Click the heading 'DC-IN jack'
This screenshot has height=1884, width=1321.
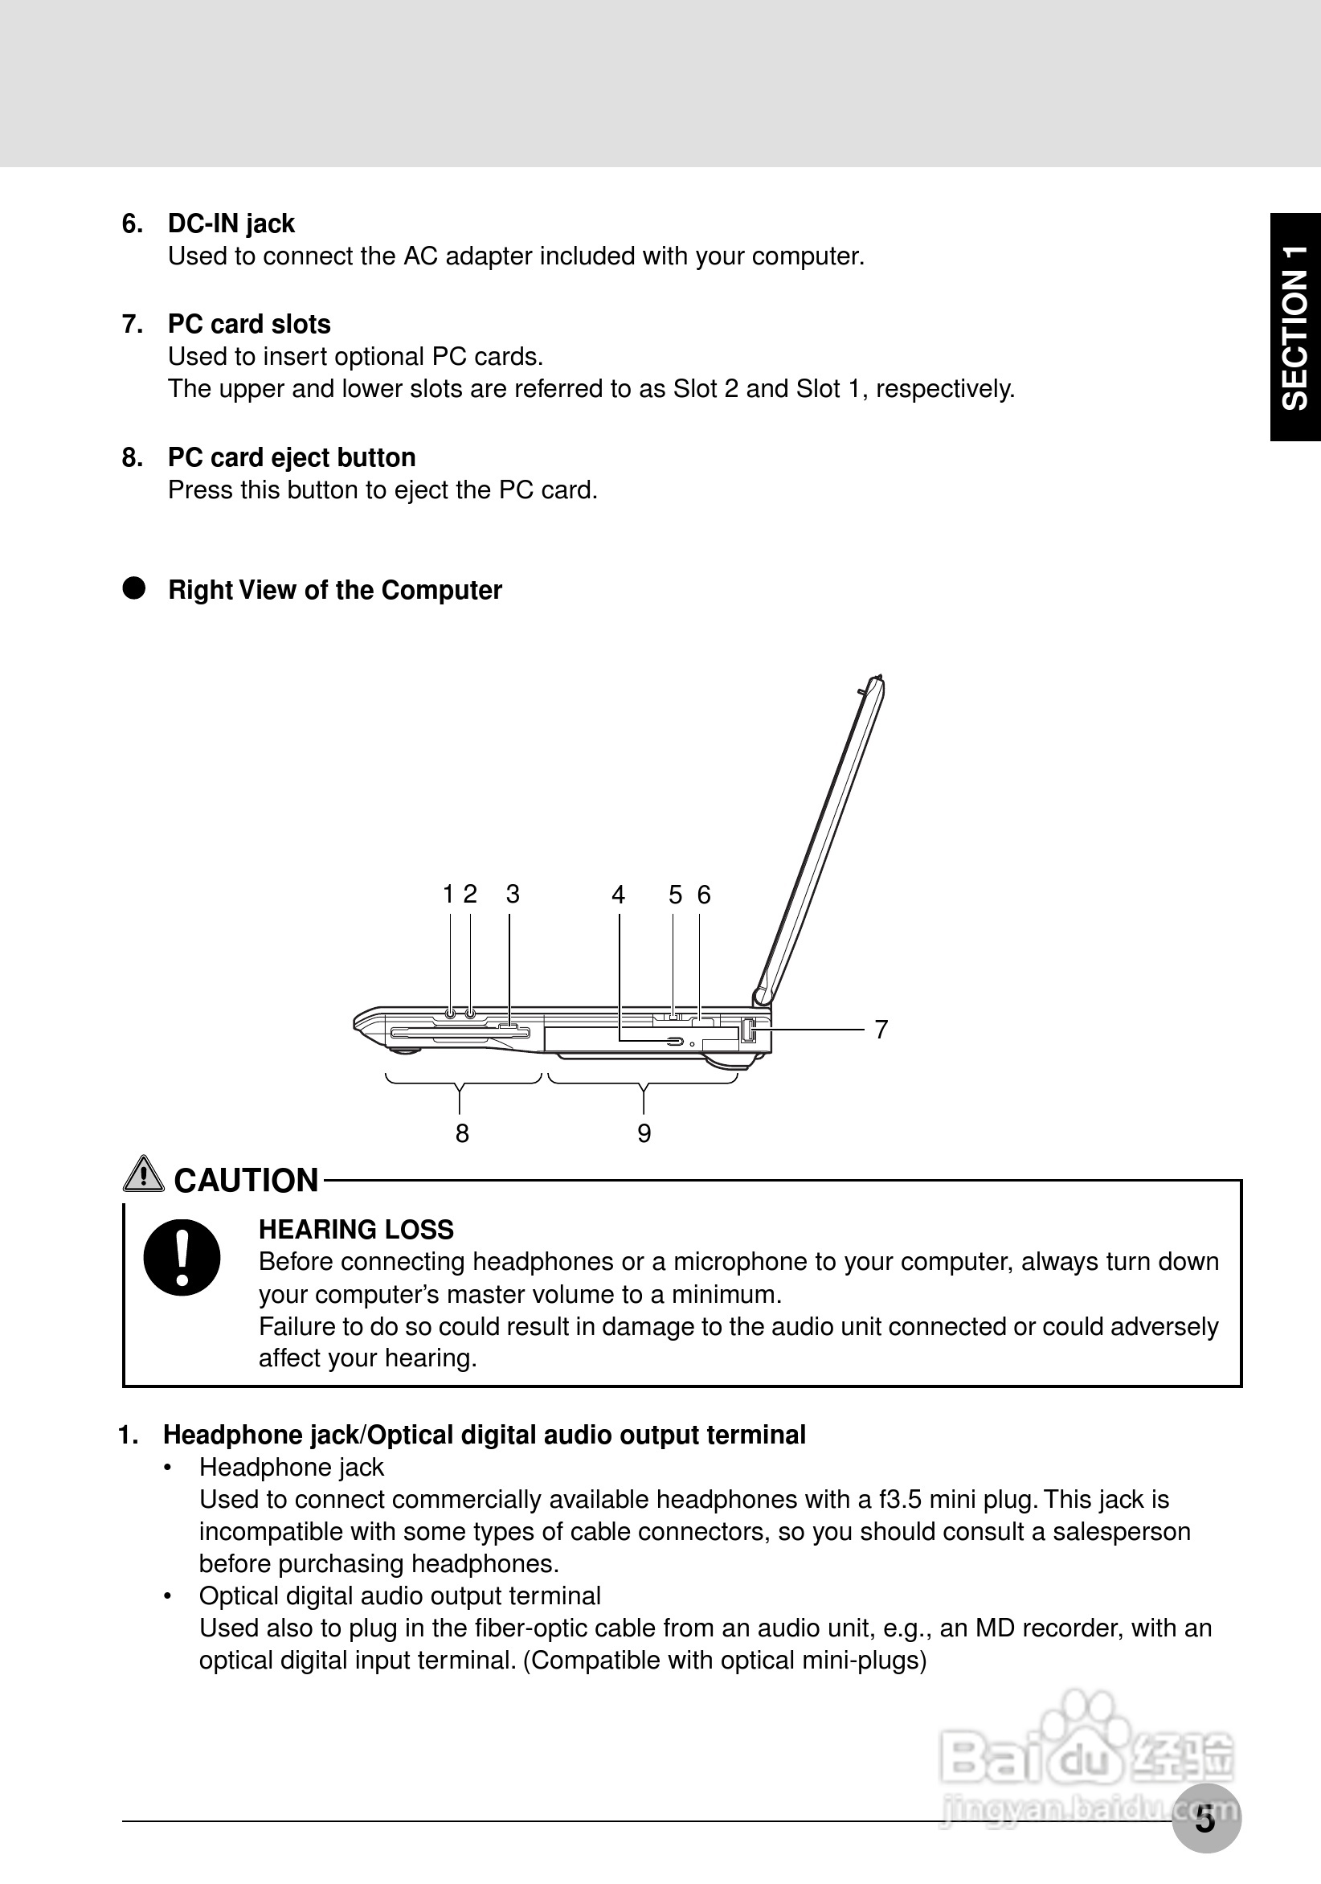tap(231, 224)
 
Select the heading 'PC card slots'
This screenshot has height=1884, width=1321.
tap(248, 324)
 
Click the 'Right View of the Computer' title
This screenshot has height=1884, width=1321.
tap(335, 590)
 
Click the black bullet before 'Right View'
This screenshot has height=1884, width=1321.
tap(133, 588)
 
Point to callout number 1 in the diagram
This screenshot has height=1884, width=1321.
tap(448, 894)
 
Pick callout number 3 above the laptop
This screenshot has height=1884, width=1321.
tap(513, 894)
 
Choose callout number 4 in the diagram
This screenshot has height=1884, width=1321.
tap(619, 895)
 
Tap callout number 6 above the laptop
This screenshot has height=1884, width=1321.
tap(704, 895)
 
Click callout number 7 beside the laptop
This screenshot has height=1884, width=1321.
tap(881, 1029)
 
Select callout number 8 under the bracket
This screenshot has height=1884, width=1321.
tap(462, 1133)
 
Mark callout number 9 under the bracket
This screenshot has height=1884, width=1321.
tap(644, 1133)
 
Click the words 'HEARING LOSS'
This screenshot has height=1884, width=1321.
tap(356, 1229)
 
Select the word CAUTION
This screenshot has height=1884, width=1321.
tap(246, 1181)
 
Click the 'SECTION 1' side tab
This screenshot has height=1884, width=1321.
tap(1295, 327)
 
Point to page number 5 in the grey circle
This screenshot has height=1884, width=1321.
tap(1205, 1819)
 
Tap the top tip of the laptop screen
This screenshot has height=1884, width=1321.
tap(879, 678)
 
